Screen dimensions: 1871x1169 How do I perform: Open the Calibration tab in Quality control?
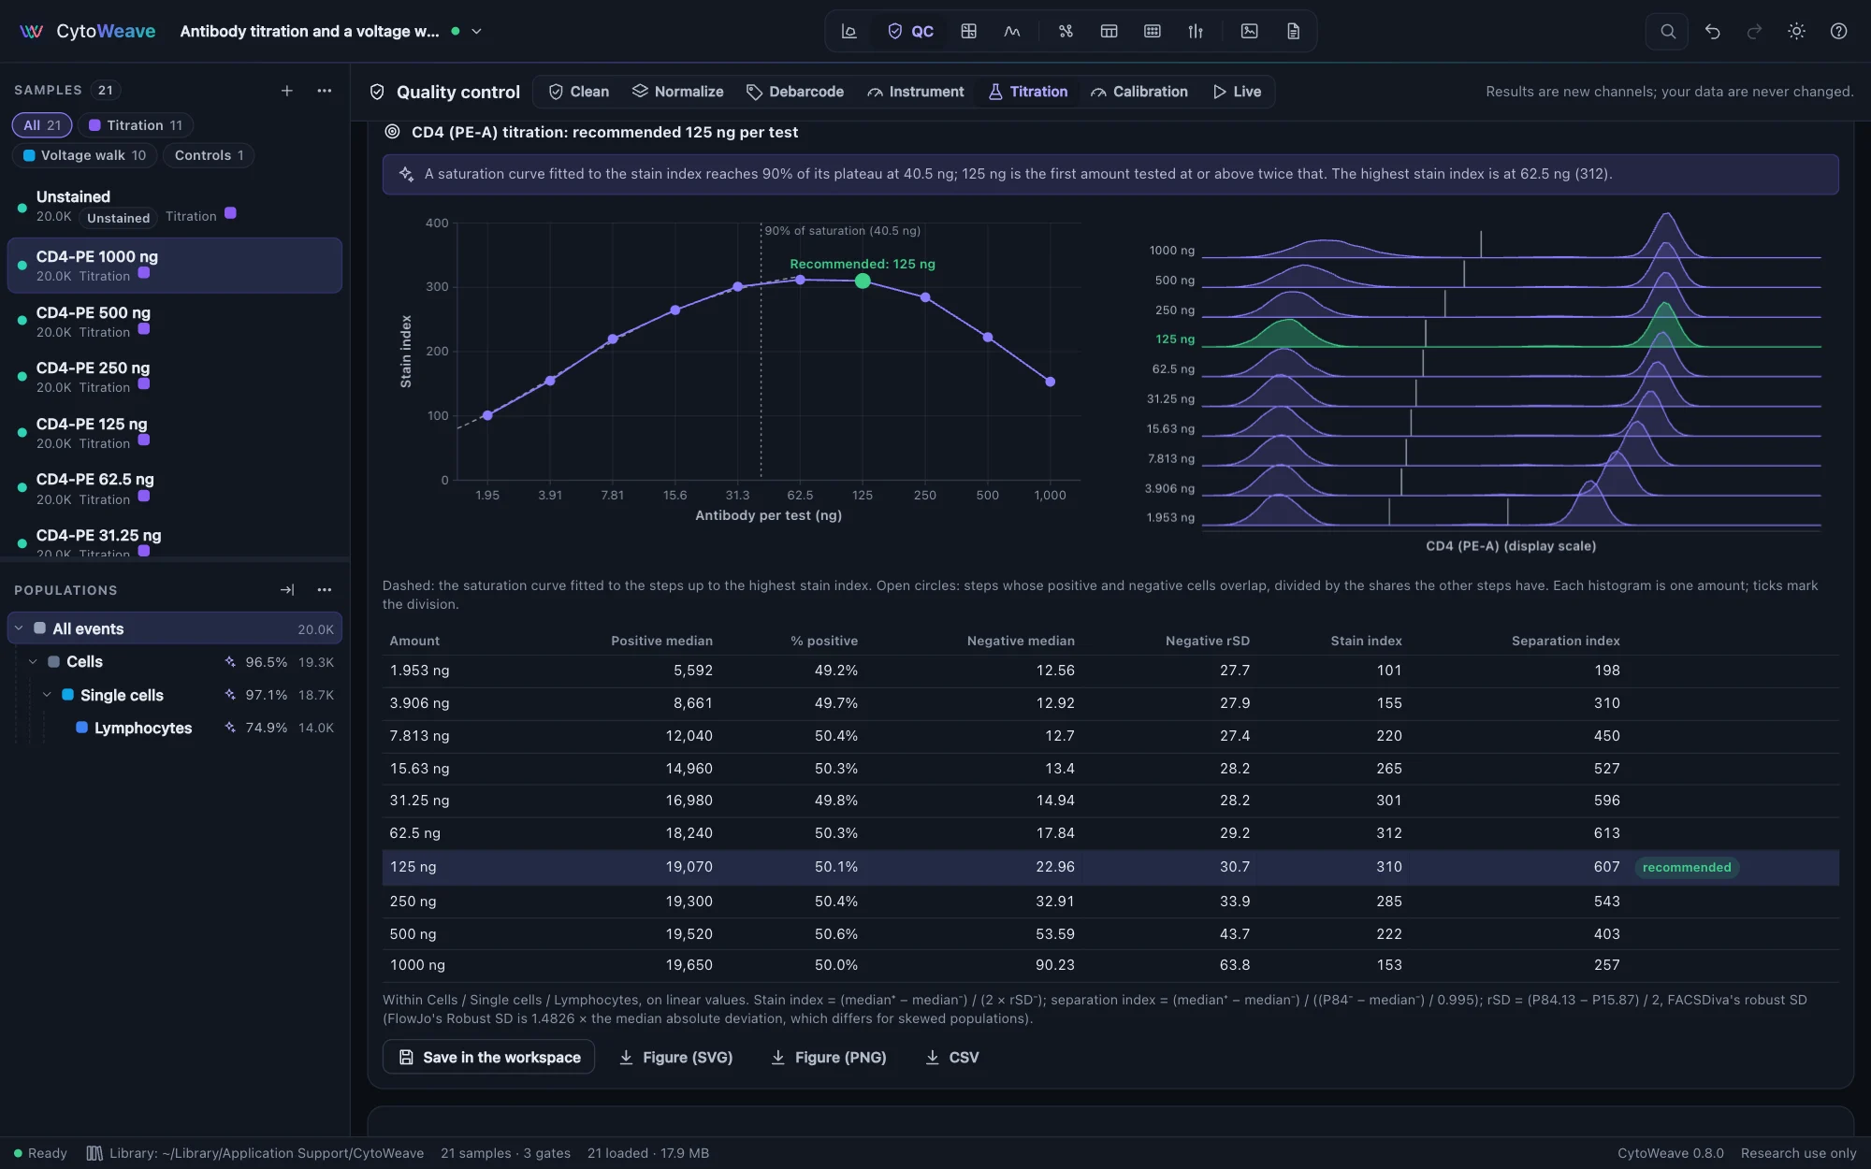click(x=1139, y=92)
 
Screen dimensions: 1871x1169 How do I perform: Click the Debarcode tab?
click(x=795, y=92)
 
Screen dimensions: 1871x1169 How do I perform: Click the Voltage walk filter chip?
click(x=84, y=155)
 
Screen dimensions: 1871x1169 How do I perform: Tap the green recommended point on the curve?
click(x=863, y=281)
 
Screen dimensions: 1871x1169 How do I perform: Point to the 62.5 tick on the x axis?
click(x=800, y=496)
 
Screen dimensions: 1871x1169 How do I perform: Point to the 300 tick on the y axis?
click(x=438, y=287)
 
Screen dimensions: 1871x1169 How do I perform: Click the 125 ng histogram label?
click(x=1175, y=339)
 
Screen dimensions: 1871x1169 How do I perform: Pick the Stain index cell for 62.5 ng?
click(x=1389, y=833)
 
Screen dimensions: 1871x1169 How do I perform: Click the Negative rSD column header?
click(x=1207, y=641)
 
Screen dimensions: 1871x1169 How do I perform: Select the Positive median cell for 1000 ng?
click(x=689, y=965)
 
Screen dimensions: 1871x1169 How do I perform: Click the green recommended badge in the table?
click(x=1687, y=868)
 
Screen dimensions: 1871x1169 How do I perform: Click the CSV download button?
click(x=952, y=1058)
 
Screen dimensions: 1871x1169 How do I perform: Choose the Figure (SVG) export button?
click(x=675, y=1058)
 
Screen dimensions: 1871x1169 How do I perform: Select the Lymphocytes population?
click(x=142, y=729)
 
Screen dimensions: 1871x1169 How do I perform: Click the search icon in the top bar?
click(x=1667, y=32)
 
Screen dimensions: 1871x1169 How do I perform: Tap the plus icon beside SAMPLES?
click(x=287, y=91)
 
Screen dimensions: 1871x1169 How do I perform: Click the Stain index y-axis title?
click(x=406, y=352)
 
